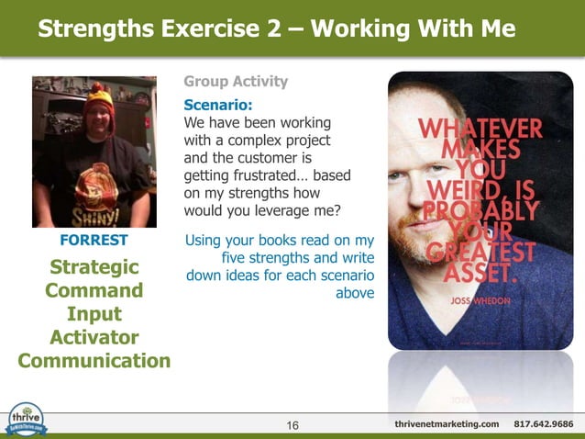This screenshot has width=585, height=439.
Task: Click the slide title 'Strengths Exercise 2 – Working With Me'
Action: [x=276, y=30]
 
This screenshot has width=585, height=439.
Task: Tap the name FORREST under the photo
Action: [x=94, y=241]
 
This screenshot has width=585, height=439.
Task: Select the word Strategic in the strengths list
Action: [x=94, y=267]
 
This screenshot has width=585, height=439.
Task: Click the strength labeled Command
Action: [x=94, y=291]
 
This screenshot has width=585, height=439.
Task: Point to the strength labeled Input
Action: [x=94, y=314]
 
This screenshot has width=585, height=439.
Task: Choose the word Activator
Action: [x=94, y=337]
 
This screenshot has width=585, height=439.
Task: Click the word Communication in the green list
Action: [x=94, y=360]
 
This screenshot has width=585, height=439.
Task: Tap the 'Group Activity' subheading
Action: [x=236, y=82]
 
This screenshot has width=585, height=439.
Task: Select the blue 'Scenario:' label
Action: [x=218, y=105]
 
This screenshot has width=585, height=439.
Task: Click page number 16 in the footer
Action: [x=292, y=424]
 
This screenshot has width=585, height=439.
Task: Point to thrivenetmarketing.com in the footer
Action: [x=447, y=423]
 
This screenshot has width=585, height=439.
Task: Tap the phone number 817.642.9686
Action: [x=544, y=423]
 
